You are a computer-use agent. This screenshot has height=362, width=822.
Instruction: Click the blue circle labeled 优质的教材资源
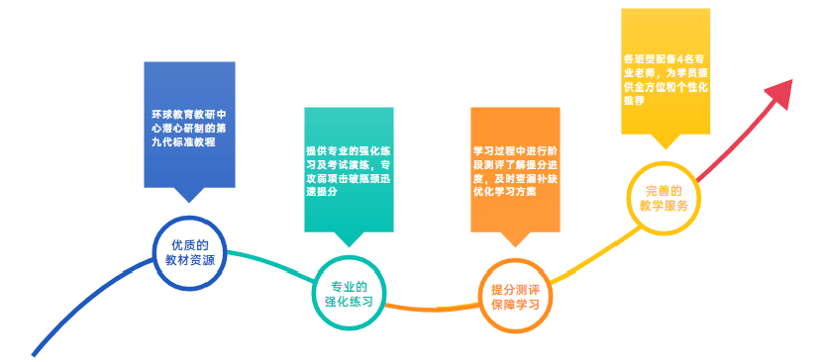coord(189,253)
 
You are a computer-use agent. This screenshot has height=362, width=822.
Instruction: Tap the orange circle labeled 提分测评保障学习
coord(515,298)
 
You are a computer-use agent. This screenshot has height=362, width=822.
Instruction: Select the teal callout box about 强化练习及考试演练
coord(348,168)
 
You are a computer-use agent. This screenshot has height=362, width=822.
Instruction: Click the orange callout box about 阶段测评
coord(515,168)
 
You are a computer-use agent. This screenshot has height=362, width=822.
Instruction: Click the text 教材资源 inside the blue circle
coord(189,262)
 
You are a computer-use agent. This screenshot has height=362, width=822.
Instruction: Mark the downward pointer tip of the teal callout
coord(348,244)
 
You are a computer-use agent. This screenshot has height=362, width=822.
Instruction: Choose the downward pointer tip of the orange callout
coord(514,244)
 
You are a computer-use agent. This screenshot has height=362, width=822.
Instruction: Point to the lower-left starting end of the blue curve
coord(36,352)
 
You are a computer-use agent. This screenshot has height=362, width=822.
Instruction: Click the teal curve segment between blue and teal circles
coord(267,260)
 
